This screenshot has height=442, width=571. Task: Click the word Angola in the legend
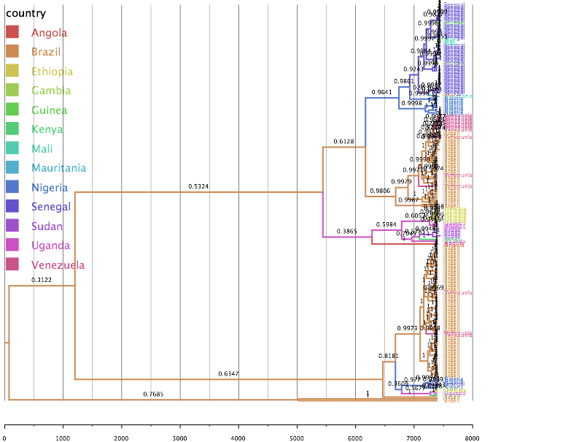pyautogui.click(x=49, y=32)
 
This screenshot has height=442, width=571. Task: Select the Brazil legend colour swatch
pyautogui.click(x=12, y=52)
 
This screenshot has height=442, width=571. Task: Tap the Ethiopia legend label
pyautogui.click(x=52, y=72)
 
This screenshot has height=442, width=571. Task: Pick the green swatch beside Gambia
pyautogui.click(x=12, y=91)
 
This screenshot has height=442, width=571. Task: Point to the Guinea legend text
pyautogui.click(x=49, y=110)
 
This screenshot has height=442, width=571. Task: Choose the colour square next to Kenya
pyautogui.click(x=12, y=129)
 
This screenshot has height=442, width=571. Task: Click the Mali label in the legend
pyautogui.click(x=42, y=149)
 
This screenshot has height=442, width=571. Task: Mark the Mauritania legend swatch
pyautogui.click(x=12, y=168)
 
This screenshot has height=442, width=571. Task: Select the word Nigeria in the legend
pyautogui.click(x=50, y=188)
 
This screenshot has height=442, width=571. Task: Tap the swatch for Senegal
pyautogui.click(x=12, y=207)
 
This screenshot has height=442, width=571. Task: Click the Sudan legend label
pyautogui.click(x=47, y=226)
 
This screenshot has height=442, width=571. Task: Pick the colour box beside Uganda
pyautogui.click(x=12, y=245)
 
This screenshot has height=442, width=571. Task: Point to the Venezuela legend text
pyautogui.click(x=58, y=265)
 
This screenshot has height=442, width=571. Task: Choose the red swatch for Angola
pyautogui.click(x=12, y=32)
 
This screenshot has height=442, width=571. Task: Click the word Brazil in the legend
pyautogui.click(x=46, y=52)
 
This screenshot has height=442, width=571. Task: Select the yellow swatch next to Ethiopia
pyautogui.click(x=12, y=72)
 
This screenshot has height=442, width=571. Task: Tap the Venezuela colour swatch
pyautogui.click(x=12, y=264)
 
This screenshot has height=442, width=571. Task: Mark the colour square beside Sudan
pyautogui.click(x=12, y=226)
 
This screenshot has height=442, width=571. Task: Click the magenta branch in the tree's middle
pyautogui.click(x=346, y=236)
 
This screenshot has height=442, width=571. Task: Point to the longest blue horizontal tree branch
pyautogui.click(x=382, y=96)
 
